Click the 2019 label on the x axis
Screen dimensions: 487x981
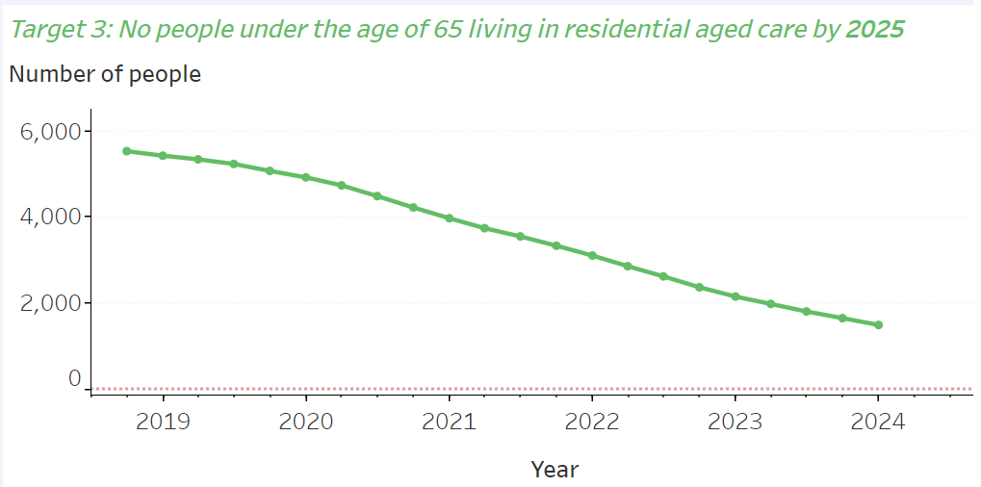(163, 422)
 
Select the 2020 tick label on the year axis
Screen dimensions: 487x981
(305, 422)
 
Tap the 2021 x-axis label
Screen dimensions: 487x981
(449, 422)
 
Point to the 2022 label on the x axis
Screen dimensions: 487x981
(591, 422)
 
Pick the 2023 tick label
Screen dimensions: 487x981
(735, 422)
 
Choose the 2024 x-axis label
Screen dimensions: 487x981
(877, 422)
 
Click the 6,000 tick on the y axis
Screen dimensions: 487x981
(49, 131)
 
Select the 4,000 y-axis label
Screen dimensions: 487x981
(49, 217)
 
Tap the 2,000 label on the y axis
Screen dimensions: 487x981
(49, 302)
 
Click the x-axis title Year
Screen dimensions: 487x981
(555, 470)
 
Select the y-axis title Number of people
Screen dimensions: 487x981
(105, 74)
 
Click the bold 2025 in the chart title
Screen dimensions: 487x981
(874, 29)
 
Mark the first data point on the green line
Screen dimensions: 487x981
(127, 151)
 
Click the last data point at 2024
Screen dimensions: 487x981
(878, 325)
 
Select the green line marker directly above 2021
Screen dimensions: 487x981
(449, 218)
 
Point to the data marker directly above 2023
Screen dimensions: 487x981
(735, 296)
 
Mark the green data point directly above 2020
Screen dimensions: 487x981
(305, 177)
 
